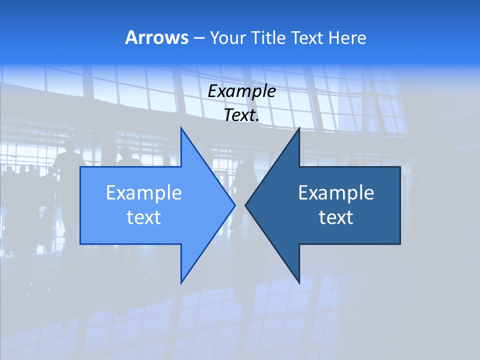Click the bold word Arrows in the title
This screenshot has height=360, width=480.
point(156,37)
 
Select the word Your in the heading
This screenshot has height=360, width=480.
point(226,37)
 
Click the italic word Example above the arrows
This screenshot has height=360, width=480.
point(241,91)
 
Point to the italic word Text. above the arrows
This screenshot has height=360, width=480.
point(241,115)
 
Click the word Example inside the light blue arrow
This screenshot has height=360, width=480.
point(144,193)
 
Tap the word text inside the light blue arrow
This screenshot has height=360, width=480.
point(144,217)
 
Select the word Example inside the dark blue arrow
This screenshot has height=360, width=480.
point(336,193)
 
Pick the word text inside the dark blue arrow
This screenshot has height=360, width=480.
point(336,217)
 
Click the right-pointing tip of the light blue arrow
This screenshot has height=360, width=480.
point(235,205)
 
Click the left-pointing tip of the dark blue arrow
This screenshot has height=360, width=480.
point(245,205)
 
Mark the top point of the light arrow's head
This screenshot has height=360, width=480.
point(181,128)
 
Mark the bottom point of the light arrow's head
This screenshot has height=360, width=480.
point(181,283)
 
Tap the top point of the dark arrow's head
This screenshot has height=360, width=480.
point(299,128)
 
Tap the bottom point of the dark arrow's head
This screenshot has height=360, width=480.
point(299,283)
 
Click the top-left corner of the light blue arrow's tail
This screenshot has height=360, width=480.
point(80,167)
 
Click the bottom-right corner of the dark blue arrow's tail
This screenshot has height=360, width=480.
point(400,244)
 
